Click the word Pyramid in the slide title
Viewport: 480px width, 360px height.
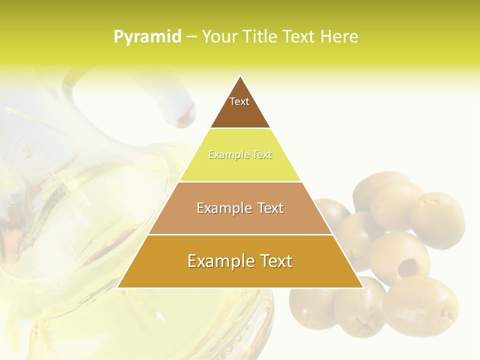click(x=147, y=37)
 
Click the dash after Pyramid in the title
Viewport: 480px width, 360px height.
click(x=191, y=37)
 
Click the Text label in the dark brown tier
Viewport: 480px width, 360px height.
click(x=239, y=101)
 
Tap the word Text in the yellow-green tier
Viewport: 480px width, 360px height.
click(x=262, y=155)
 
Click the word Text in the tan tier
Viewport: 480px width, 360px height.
click(x=270, y=208)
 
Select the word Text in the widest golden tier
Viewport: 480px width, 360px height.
click(x=275, y=261)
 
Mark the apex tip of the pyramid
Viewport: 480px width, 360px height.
click(x=240, y=76)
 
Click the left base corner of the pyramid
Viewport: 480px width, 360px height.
click(x=118, y=287)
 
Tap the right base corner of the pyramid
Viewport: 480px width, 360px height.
click(x=362, y=287)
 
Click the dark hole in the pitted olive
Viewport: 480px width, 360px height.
click(x=408, y=268)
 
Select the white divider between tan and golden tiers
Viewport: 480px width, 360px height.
click(x=240, y=234)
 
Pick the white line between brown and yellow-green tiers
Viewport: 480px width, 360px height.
click(x=240, y=128)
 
